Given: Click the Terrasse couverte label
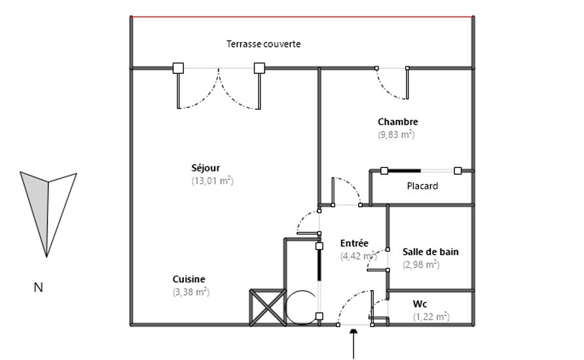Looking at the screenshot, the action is click(x=263, y=44).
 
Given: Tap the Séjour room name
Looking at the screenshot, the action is click(x=206, y=168).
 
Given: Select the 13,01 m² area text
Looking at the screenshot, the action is click(x=212, y=181).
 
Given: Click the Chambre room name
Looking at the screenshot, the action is click(x=398, y=122).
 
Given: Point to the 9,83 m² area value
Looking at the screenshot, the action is click(x=396, y=134).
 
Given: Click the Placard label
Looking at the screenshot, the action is click(x=422, y=186).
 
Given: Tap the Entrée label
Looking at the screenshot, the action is click(x=354, y=243).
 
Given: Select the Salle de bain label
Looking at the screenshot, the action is click(x=431, y=252).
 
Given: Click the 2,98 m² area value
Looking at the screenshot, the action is click(x=421, y=264).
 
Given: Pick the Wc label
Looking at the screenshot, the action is click(x=420, y=304).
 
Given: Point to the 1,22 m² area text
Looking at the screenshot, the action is click(x=431, y=317).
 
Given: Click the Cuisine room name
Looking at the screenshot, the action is click(x=189, y=279).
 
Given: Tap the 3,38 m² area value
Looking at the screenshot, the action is click(x=191, y=292).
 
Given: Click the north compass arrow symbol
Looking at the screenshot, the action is click(x=48, y=214).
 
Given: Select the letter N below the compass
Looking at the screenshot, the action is click(x=39, y=287).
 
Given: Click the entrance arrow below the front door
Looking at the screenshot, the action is click(x=353, y=343).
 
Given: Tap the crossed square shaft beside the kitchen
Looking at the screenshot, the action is click(x=268, y=308).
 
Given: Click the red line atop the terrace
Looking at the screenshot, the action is click(x=302, y=17).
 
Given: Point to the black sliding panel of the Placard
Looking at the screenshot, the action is click(x=404, y=171).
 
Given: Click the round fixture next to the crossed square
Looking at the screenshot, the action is click(x=301, y=308).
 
